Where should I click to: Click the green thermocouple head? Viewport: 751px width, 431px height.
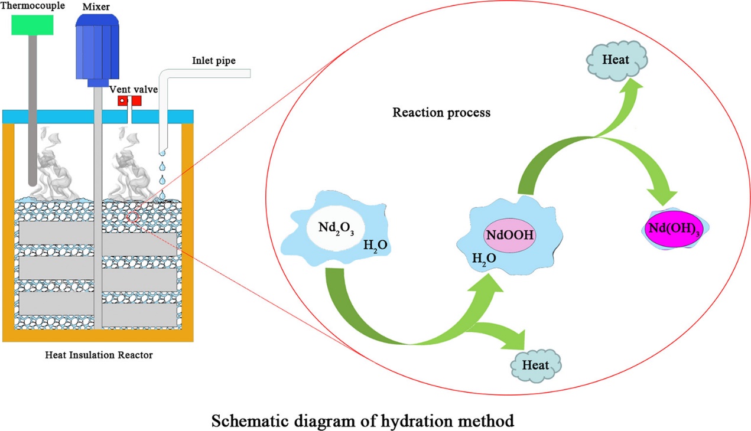point(32,24)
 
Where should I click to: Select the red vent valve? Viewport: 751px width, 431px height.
point(129,101)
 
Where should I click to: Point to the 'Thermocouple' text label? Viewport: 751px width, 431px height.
point(32,5)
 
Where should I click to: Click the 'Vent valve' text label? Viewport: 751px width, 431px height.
point(131,89)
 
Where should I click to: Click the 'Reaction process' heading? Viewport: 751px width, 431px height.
point(441,112)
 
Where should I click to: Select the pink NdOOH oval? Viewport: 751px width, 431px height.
point(510,235)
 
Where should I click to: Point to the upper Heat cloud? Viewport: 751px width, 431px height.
point(615,60)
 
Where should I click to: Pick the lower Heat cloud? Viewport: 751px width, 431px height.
point(535,364)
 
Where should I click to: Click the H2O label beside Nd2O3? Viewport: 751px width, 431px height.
point(375,244)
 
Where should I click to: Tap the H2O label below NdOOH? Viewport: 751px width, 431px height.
point(483,257)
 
